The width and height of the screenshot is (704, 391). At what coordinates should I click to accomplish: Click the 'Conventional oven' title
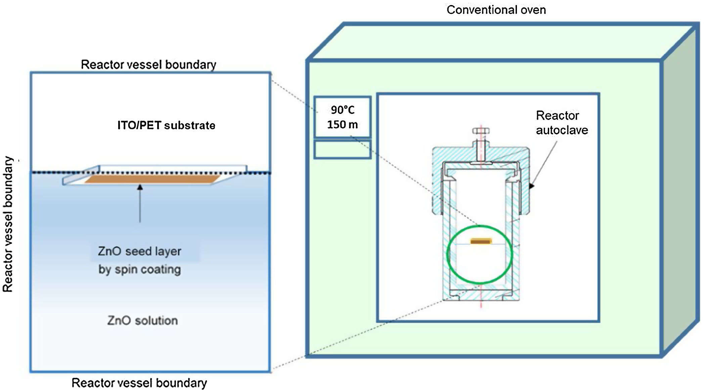pos(496,10)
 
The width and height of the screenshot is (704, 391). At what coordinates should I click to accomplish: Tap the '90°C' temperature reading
pos(343,110)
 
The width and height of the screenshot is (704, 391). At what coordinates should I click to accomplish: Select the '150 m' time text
pos(343,125)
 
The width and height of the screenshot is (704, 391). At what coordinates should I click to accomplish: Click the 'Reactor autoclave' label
pos(562,123)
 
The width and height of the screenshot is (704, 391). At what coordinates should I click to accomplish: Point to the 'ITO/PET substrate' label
pos(166,125)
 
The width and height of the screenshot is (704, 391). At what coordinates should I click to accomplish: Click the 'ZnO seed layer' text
pos(139,251)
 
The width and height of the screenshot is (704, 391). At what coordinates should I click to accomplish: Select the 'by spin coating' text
pos(139,269)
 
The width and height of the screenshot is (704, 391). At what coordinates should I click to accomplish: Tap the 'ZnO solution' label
pos(142,320)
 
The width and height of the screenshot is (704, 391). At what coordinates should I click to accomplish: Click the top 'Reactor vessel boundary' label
pos(148,64)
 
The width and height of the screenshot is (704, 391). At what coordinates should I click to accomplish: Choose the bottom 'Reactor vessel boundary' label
pos(139,383)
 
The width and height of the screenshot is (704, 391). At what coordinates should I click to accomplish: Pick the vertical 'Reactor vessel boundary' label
pos(8,224)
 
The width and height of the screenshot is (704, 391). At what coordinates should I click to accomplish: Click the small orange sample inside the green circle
pos(481,241)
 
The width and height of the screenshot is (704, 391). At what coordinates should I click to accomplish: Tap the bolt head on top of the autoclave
pos(481,131)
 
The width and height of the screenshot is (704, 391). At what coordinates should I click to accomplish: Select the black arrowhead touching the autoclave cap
pos(531,186)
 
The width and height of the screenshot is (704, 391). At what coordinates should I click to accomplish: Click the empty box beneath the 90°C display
pos(343,149)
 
